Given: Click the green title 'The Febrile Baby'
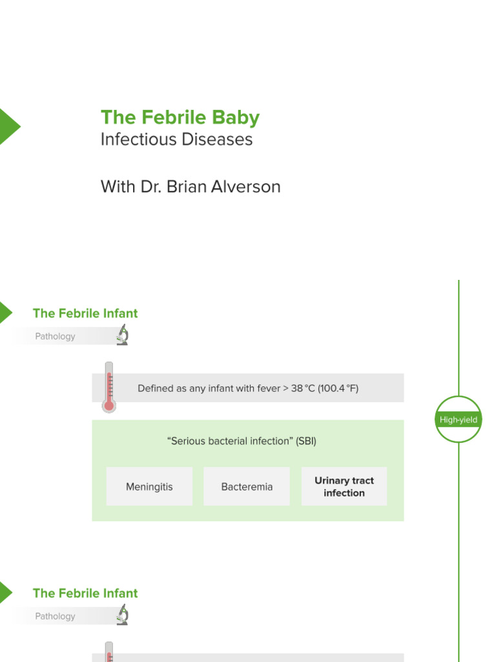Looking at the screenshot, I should tap(180, 118).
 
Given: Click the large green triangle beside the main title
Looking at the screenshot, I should tap(8, 127).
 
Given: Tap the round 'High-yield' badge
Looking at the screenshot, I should tap(459, 420).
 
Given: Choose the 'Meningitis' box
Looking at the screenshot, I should tap(149, 487).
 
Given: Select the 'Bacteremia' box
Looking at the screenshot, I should tap(247, 487).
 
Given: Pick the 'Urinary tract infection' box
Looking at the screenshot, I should tap(344, 487).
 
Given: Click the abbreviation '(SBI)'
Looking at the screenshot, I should tap(306, 441).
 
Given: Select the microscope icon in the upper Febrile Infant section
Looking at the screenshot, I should tap(122, 335).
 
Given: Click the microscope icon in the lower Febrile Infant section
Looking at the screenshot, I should tap(122, 615).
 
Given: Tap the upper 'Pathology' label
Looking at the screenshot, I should tap(55, 336).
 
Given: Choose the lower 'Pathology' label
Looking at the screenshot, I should tap(55, 616).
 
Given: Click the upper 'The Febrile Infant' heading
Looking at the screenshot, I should tap(85, 314).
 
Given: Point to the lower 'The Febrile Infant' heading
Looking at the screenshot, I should tap(85, 593).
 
